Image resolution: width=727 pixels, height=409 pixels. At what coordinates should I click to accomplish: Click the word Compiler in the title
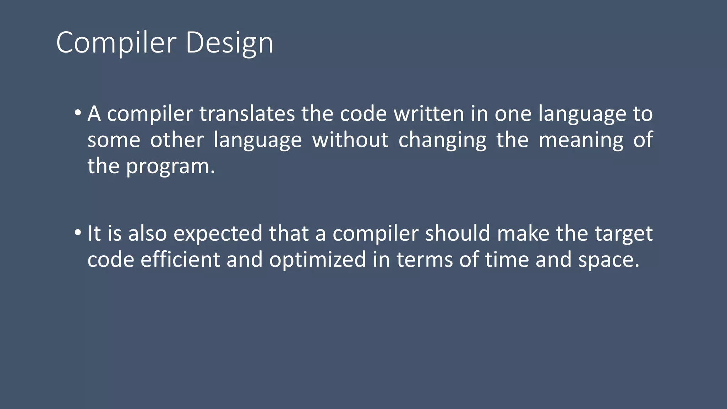(116, 43)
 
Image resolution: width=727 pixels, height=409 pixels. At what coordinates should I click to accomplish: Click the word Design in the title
(229, 43)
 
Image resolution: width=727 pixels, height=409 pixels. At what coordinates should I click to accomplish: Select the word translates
(247, 114)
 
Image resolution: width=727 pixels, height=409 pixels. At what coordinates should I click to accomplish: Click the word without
(350, 140)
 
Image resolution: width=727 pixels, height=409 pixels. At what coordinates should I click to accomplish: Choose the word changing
(442, 140)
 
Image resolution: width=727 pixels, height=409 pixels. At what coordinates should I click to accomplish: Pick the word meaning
(581, 140)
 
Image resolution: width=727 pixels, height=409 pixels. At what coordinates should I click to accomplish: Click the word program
(170, 166)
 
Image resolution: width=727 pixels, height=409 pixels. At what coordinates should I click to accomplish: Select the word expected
(218, 233)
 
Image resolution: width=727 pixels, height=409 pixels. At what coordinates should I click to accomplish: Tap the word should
(457, 233)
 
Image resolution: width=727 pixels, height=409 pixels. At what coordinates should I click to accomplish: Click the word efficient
(180, 260)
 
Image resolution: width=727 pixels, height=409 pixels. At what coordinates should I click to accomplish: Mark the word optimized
(317, 260)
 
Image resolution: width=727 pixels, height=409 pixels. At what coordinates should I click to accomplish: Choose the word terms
(425, 260)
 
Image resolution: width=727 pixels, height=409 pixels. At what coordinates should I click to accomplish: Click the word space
(608, 260)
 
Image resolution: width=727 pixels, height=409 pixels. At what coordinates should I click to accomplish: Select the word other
(177, 140)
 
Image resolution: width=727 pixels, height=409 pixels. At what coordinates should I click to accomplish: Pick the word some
(114, 140)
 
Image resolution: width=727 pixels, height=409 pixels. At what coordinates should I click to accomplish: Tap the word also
(147, 233)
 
